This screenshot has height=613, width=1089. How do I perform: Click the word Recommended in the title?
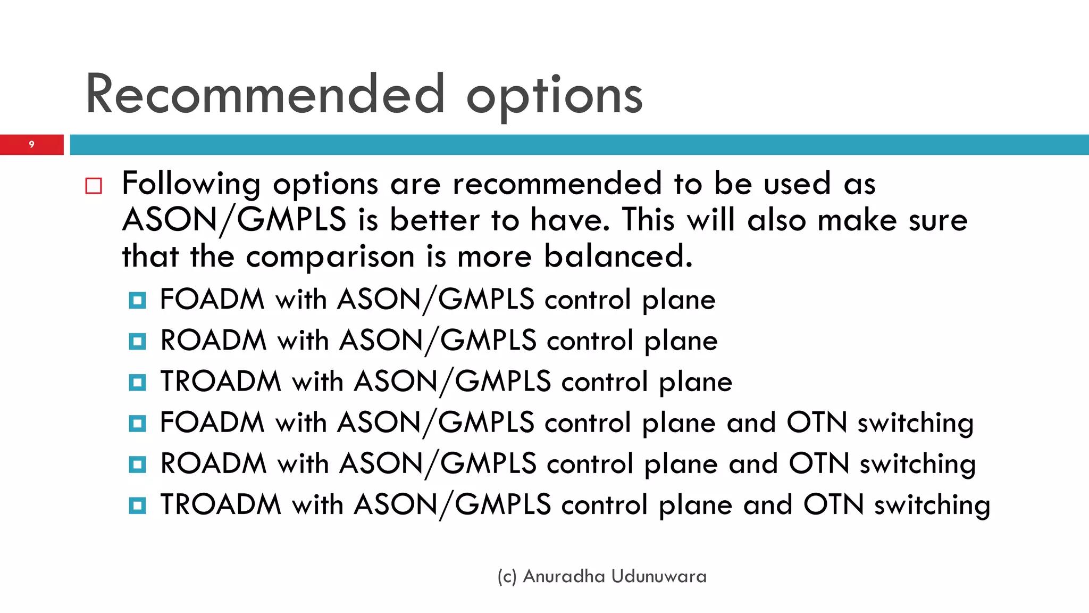265,95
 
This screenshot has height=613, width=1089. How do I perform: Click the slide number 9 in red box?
31,144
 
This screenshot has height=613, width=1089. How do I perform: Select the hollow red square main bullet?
94,186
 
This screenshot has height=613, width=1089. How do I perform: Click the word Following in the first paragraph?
191,184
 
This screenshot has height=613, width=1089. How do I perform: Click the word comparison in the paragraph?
330,257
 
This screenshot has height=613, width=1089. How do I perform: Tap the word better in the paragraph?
434,220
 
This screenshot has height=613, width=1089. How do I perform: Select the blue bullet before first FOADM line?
137,300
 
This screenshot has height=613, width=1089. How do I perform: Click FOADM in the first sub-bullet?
212,299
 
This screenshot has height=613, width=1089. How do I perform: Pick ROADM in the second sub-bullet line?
213,340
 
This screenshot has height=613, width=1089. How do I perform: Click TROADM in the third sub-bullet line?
221,382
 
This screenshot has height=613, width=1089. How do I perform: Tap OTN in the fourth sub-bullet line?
816,423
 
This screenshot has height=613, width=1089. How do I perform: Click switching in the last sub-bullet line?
932,506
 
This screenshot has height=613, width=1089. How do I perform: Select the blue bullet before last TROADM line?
137,505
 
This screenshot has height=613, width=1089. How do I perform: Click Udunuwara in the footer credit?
659,576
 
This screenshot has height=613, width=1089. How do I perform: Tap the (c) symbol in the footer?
507,577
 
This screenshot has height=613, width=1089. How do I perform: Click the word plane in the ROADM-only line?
681,341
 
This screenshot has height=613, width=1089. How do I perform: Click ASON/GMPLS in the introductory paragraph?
234,220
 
